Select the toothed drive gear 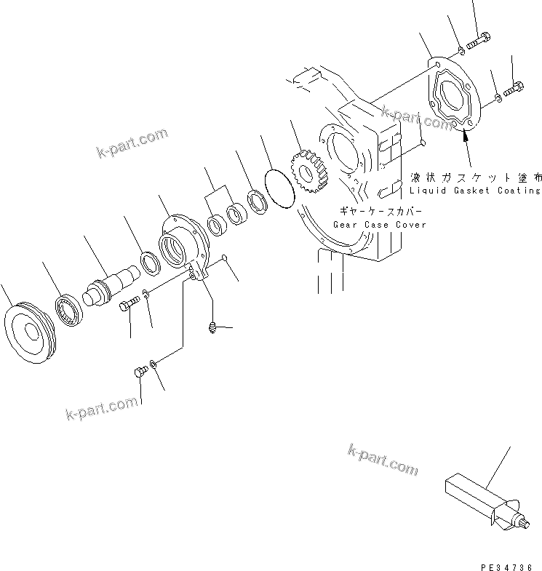tap(310, 175)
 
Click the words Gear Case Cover tap(380, 225)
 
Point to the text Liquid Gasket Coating tap(474, 191)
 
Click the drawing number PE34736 tap(506, 565)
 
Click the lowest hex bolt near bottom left tap(142, 372)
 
